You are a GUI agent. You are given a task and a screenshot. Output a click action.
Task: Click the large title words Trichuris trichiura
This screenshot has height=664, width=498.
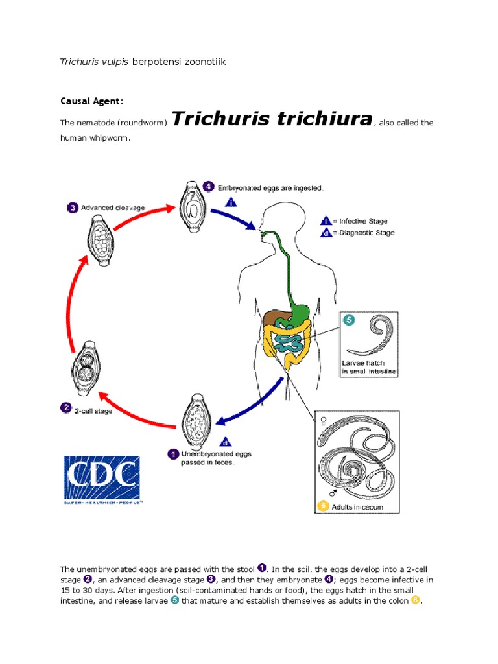click(272, 119)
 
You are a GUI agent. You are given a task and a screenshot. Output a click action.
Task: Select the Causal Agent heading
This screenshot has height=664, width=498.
click(90, 101)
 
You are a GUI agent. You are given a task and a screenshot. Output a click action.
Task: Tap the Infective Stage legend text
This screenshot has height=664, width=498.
click(362, 221)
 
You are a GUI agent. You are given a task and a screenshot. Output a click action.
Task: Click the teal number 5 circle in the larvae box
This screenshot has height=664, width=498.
click(348, 320)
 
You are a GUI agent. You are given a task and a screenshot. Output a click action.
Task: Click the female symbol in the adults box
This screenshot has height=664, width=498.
click(323, 422)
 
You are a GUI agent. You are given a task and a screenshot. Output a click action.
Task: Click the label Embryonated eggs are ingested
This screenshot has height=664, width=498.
click(270, 187)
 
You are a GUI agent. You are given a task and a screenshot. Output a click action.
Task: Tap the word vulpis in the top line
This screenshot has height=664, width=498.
click(113, 62)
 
